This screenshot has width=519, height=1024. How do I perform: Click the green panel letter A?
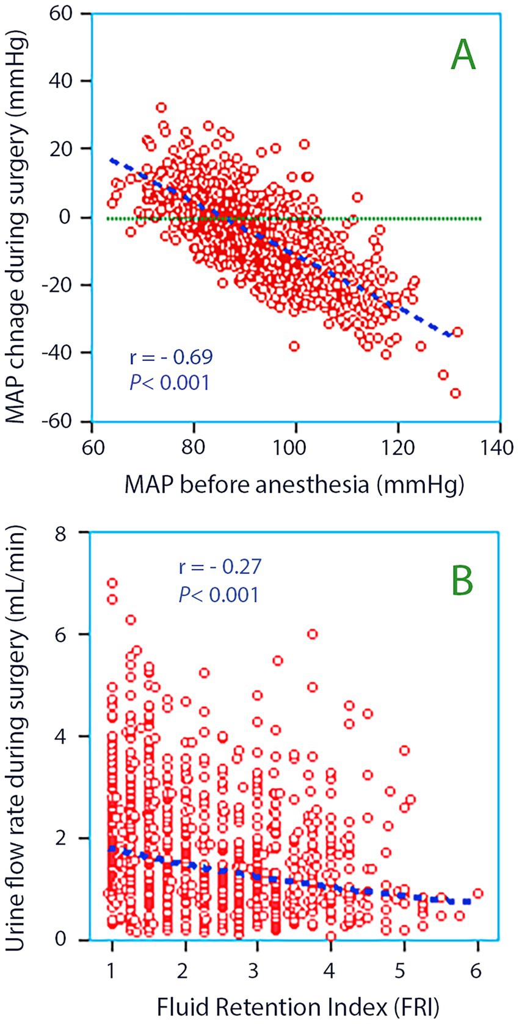click(x=463, y=55)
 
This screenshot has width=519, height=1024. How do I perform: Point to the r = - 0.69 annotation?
click(x=171, y=357)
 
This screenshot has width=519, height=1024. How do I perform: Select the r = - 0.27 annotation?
click(x=220, y=567)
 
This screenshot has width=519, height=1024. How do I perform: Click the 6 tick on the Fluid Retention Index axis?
click(x=476, y=970)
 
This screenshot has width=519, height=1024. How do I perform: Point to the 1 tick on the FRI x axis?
click(x=112, y=970)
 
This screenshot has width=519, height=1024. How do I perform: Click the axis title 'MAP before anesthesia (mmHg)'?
click(x=294, y=484)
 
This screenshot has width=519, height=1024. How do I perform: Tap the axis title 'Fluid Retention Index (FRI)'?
click(x=298, y=1007)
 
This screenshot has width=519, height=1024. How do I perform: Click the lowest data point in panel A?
click(x=455, y=393)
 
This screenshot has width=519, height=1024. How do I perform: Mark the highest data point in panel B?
click(x=112, y=583)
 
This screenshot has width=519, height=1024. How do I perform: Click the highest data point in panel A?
click(x=161, y=107)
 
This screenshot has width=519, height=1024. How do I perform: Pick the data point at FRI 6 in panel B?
click(x=477, y=893)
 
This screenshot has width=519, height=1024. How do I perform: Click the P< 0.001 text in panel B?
click(x=219, y=594)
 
